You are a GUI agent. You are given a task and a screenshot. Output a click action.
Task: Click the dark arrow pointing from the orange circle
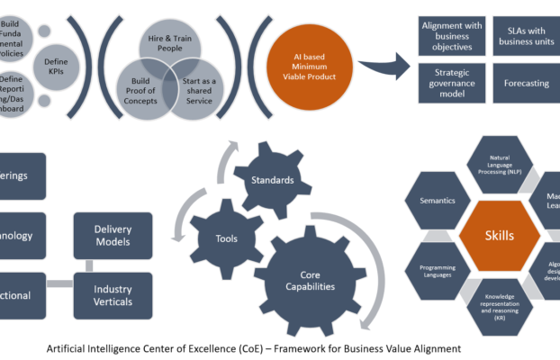click(x=383, y=67)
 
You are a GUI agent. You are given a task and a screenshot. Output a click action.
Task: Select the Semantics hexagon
click(x=437, y=201)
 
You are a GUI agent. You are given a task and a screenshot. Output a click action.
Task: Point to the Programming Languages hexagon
click(x=437, y=270)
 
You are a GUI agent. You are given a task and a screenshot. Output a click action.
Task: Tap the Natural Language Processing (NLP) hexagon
click(x=500, y=167)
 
